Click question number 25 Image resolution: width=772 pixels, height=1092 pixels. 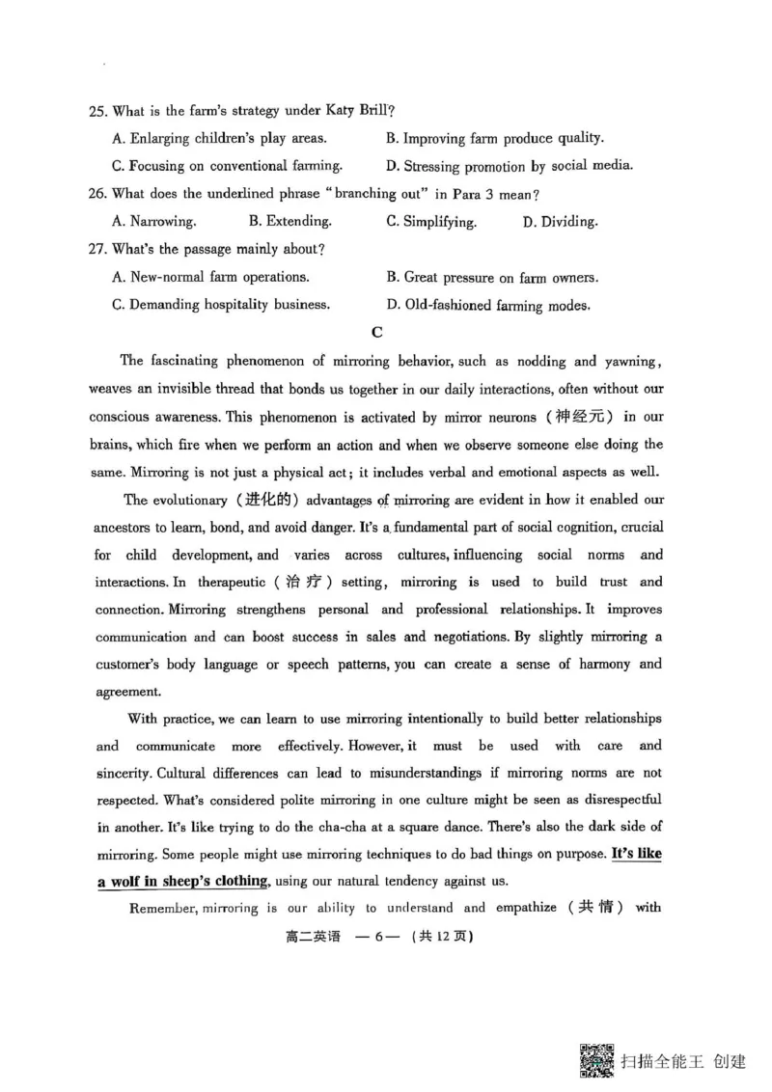click(97, 112)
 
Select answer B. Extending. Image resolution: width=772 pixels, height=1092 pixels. click(289, 221)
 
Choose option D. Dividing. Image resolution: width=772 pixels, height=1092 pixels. click(560, 222)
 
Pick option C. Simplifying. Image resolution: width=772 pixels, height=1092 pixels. click(431, 222)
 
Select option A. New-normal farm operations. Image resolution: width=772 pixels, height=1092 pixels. click(210, 277)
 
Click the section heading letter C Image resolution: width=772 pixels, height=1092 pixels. click(377, 333)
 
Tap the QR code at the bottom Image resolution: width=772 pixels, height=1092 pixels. click(596, 1062)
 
